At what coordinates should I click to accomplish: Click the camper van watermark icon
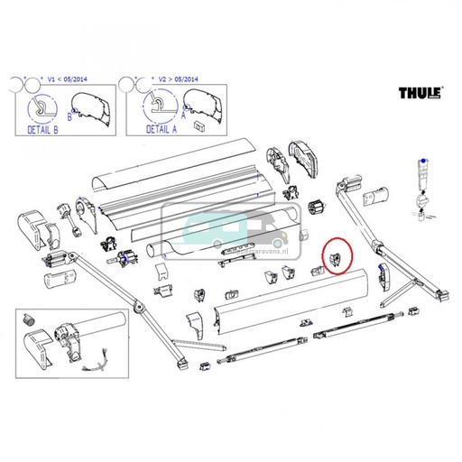click(x=231, y=233)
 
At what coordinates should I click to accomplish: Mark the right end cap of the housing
click(x=303, y=159)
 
